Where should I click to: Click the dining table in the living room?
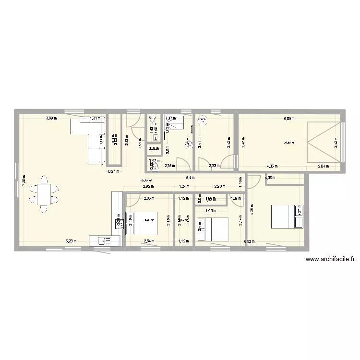[x=44, y=194]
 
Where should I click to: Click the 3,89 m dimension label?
[x=51, y=118]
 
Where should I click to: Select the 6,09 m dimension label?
[x=288, y=119]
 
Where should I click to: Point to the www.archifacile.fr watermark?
[x=330, y=259]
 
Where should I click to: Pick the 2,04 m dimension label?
[x=324, y=167]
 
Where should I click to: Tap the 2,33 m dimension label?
[x=214, y=167]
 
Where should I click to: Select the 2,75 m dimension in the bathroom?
[x=170, y=166]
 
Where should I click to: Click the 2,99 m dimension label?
[x=148, y=187]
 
